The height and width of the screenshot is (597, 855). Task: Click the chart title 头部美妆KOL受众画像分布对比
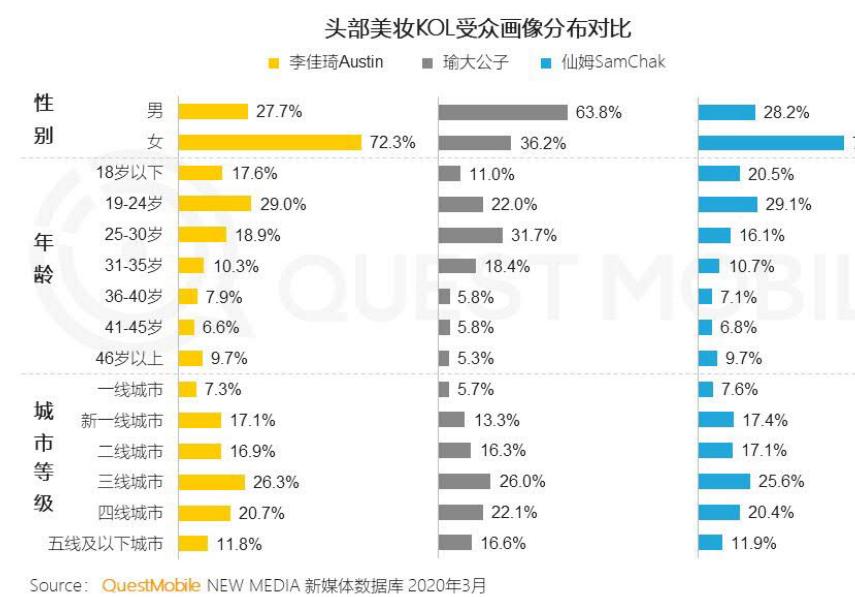pos(478,28)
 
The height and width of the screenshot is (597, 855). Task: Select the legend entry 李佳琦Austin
pos(336,62)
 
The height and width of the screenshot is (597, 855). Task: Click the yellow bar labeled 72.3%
pos(269,143)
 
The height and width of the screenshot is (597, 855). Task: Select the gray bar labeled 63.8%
pos(502,112)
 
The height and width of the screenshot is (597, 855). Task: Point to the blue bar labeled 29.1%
pos(728,204)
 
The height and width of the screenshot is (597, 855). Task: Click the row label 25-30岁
pos(134,235)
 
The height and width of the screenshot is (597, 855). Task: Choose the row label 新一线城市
pos(122,420)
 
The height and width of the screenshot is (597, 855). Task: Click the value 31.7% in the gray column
pos(533,235)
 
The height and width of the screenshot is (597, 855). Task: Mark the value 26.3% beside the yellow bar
pos(276,482)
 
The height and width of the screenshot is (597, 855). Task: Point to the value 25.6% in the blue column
pos(781,482)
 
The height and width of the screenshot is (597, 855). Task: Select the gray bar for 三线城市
pos(464,482)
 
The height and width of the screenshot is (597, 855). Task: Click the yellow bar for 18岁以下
pos(200,173)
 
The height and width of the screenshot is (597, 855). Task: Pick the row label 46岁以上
pos(134,358)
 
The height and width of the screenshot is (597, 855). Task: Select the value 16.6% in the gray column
pos(503,544)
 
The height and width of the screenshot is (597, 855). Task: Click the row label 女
pos(155,142)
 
